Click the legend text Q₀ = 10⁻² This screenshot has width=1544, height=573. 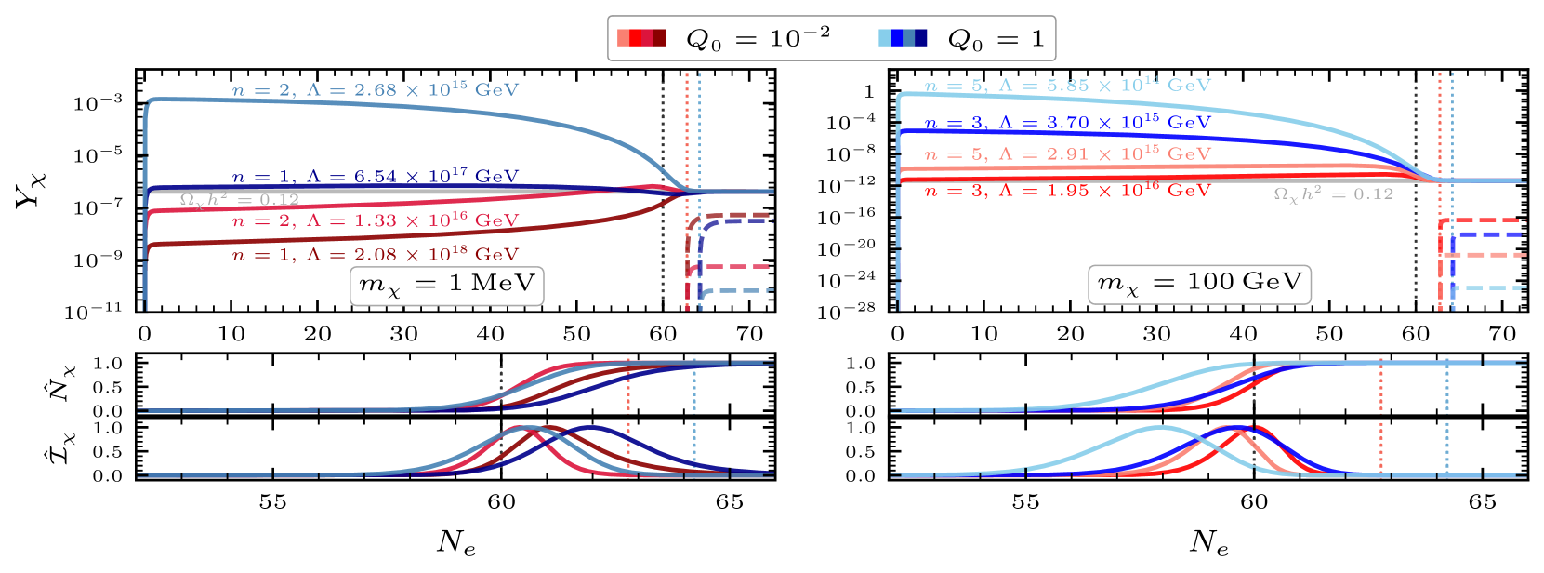[x=758, y=39]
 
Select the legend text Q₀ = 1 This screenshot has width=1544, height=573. [x=996, y=39]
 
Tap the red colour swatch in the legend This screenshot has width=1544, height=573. [x=641, y=38]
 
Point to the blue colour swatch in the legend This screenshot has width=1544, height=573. [x=903, y=38]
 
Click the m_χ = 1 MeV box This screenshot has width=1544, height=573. [x=447, y=284]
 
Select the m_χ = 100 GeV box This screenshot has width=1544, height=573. [x=1199, y=283]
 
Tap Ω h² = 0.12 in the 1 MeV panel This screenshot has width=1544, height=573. [x=239, y=199]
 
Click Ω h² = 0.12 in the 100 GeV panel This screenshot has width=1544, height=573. [x=1333, y=193]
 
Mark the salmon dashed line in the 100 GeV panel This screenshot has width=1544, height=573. [x=1487, y=254]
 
